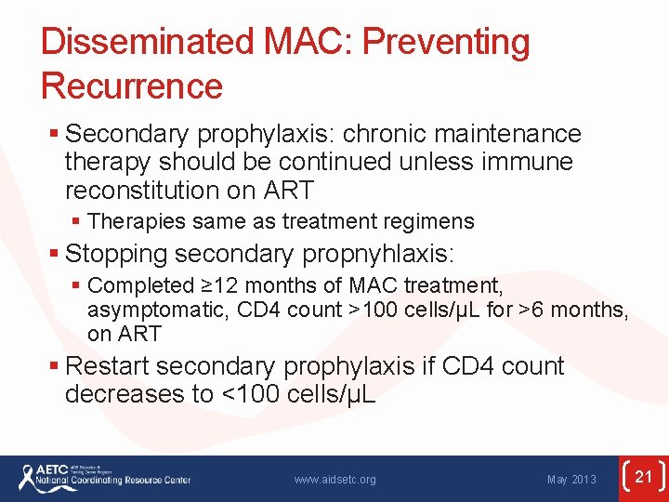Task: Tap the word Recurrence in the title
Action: coord(132,86)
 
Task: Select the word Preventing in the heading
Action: coord(446,43)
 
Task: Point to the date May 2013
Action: coord(571,480)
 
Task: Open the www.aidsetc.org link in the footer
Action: coord(334,480)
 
